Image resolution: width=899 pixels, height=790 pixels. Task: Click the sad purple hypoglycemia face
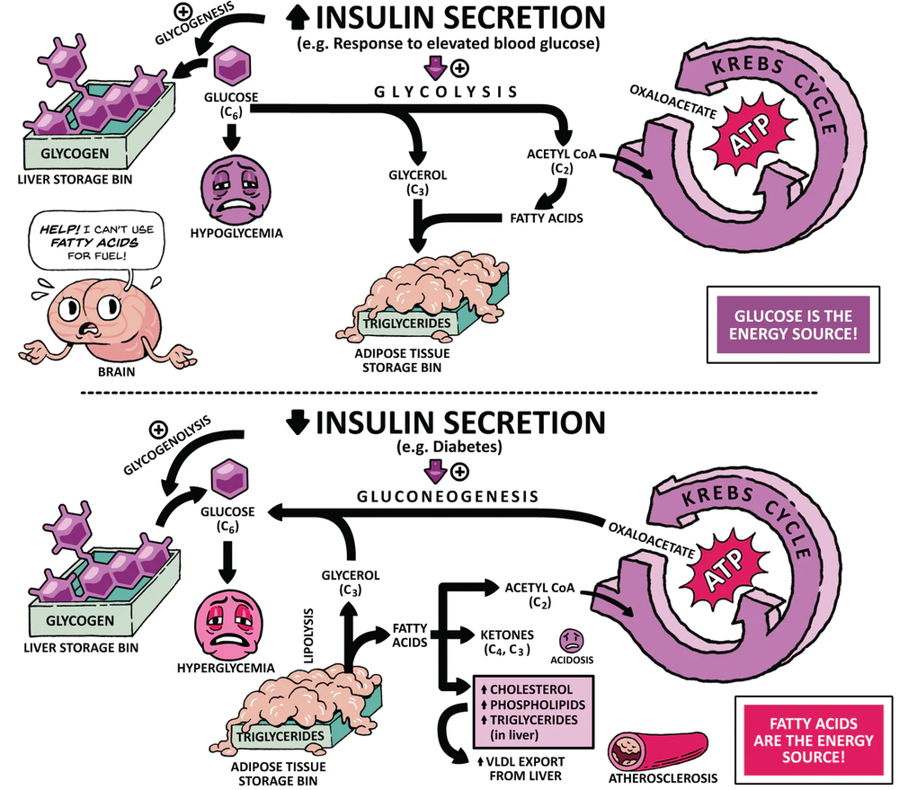coord(230,190)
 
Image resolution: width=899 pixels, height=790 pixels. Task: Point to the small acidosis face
coord(572,640)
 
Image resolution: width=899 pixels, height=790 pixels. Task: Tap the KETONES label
coord(504,635)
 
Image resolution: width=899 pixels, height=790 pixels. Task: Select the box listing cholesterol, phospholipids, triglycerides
coord(530,711)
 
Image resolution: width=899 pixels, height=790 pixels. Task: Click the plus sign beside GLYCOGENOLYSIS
coord(158,428)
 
